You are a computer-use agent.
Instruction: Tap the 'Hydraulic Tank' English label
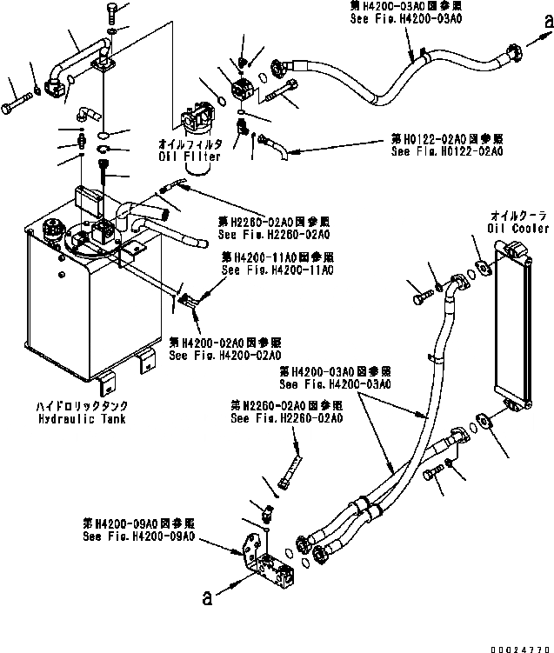(82, 419)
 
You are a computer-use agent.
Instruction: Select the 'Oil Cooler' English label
(519, 229)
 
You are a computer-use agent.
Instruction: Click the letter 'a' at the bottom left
(206, 597)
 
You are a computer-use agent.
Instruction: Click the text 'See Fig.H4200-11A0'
(278, 270)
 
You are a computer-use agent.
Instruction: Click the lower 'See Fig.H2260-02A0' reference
(286, 418)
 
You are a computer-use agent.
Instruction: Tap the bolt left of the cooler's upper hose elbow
(420, 300)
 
